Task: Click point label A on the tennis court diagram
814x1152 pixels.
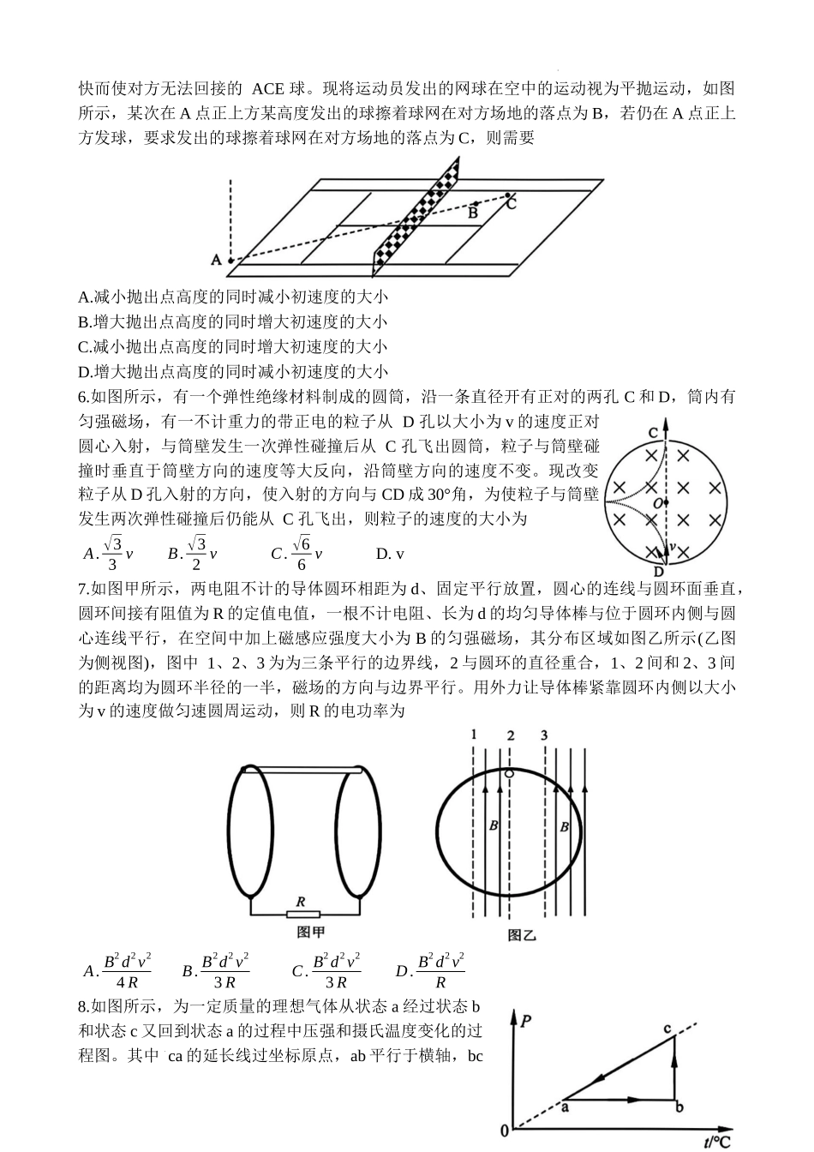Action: [x=216, y=259]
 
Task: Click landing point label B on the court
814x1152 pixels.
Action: [x=472, y=213]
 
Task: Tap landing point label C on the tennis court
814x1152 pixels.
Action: [x=511, y=203]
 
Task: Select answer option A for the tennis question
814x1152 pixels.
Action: [x=232, y=297]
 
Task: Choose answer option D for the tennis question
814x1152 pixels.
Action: [x=232, y=372]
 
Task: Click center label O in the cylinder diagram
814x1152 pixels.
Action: [x=657, y=503]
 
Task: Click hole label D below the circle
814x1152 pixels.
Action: [x=658, y=571]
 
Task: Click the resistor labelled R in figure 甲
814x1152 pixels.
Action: [x=301, y=914]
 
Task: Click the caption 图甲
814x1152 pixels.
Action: [x=310, y=933]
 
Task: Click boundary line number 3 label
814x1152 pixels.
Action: [x=543, y=735]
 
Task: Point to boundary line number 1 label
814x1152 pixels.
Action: [x=474, y=735]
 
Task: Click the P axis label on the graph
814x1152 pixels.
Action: [x=525, y=1020]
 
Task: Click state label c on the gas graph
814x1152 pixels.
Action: [x=667, y=1028]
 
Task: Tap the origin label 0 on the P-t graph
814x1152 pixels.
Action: [x=505, y=1132]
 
